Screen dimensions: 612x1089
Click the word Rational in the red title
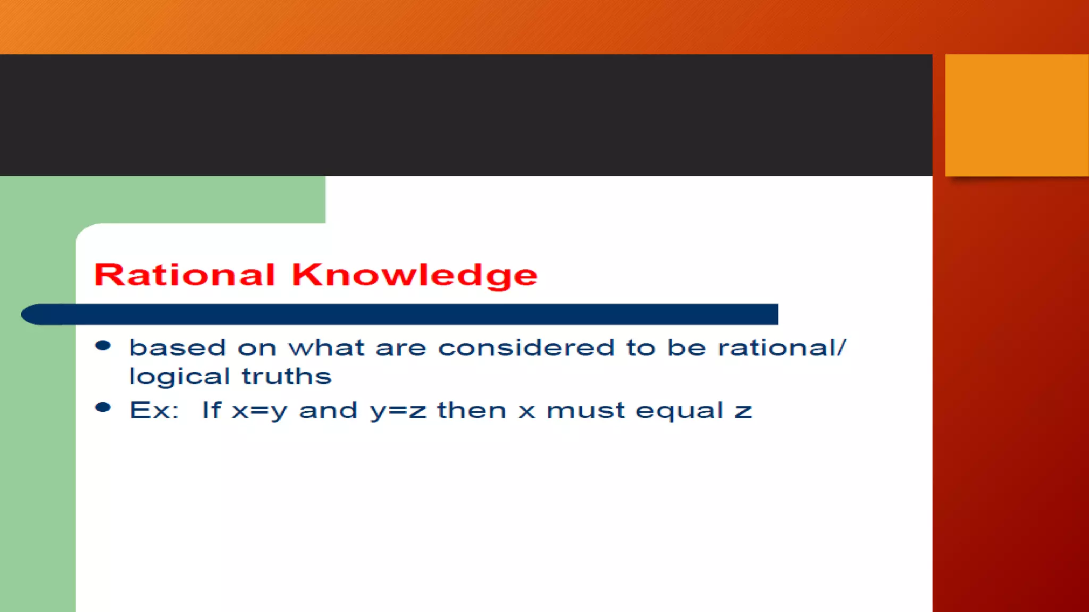click(x=184, y=275)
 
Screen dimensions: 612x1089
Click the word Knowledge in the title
click(x=414, y=275)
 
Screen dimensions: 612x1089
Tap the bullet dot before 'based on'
click(x=103, y=346)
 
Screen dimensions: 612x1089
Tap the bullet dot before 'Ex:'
click(x=103, y=408)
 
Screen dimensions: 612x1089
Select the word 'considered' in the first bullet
click(x=526, y=348)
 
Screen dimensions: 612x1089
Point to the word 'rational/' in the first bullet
click(x=781, y=348)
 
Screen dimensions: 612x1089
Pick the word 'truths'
click(x=287, y=376)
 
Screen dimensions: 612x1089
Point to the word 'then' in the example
click(x=472, y=410)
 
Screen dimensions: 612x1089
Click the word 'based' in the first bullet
click(x=178, y=348)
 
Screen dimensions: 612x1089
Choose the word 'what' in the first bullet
click(x=326, y=348)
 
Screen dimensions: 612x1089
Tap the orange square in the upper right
click(x=1016, y=115)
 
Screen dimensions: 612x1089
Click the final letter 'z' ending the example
click(x=743, y=411)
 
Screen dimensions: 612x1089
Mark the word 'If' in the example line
click(x=211, y=410)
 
